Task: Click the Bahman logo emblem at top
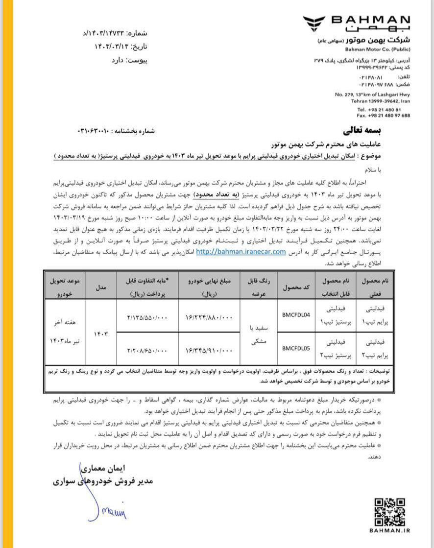[x=315, y=24]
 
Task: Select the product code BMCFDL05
[x=296, y=348]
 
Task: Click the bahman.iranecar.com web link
[x=241, y=252]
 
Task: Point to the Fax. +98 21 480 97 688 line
[x=384, y=116]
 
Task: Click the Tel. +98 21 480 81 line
[x=379, y=109]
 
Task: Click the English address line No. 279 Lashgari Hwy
[x=373, y=94]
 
